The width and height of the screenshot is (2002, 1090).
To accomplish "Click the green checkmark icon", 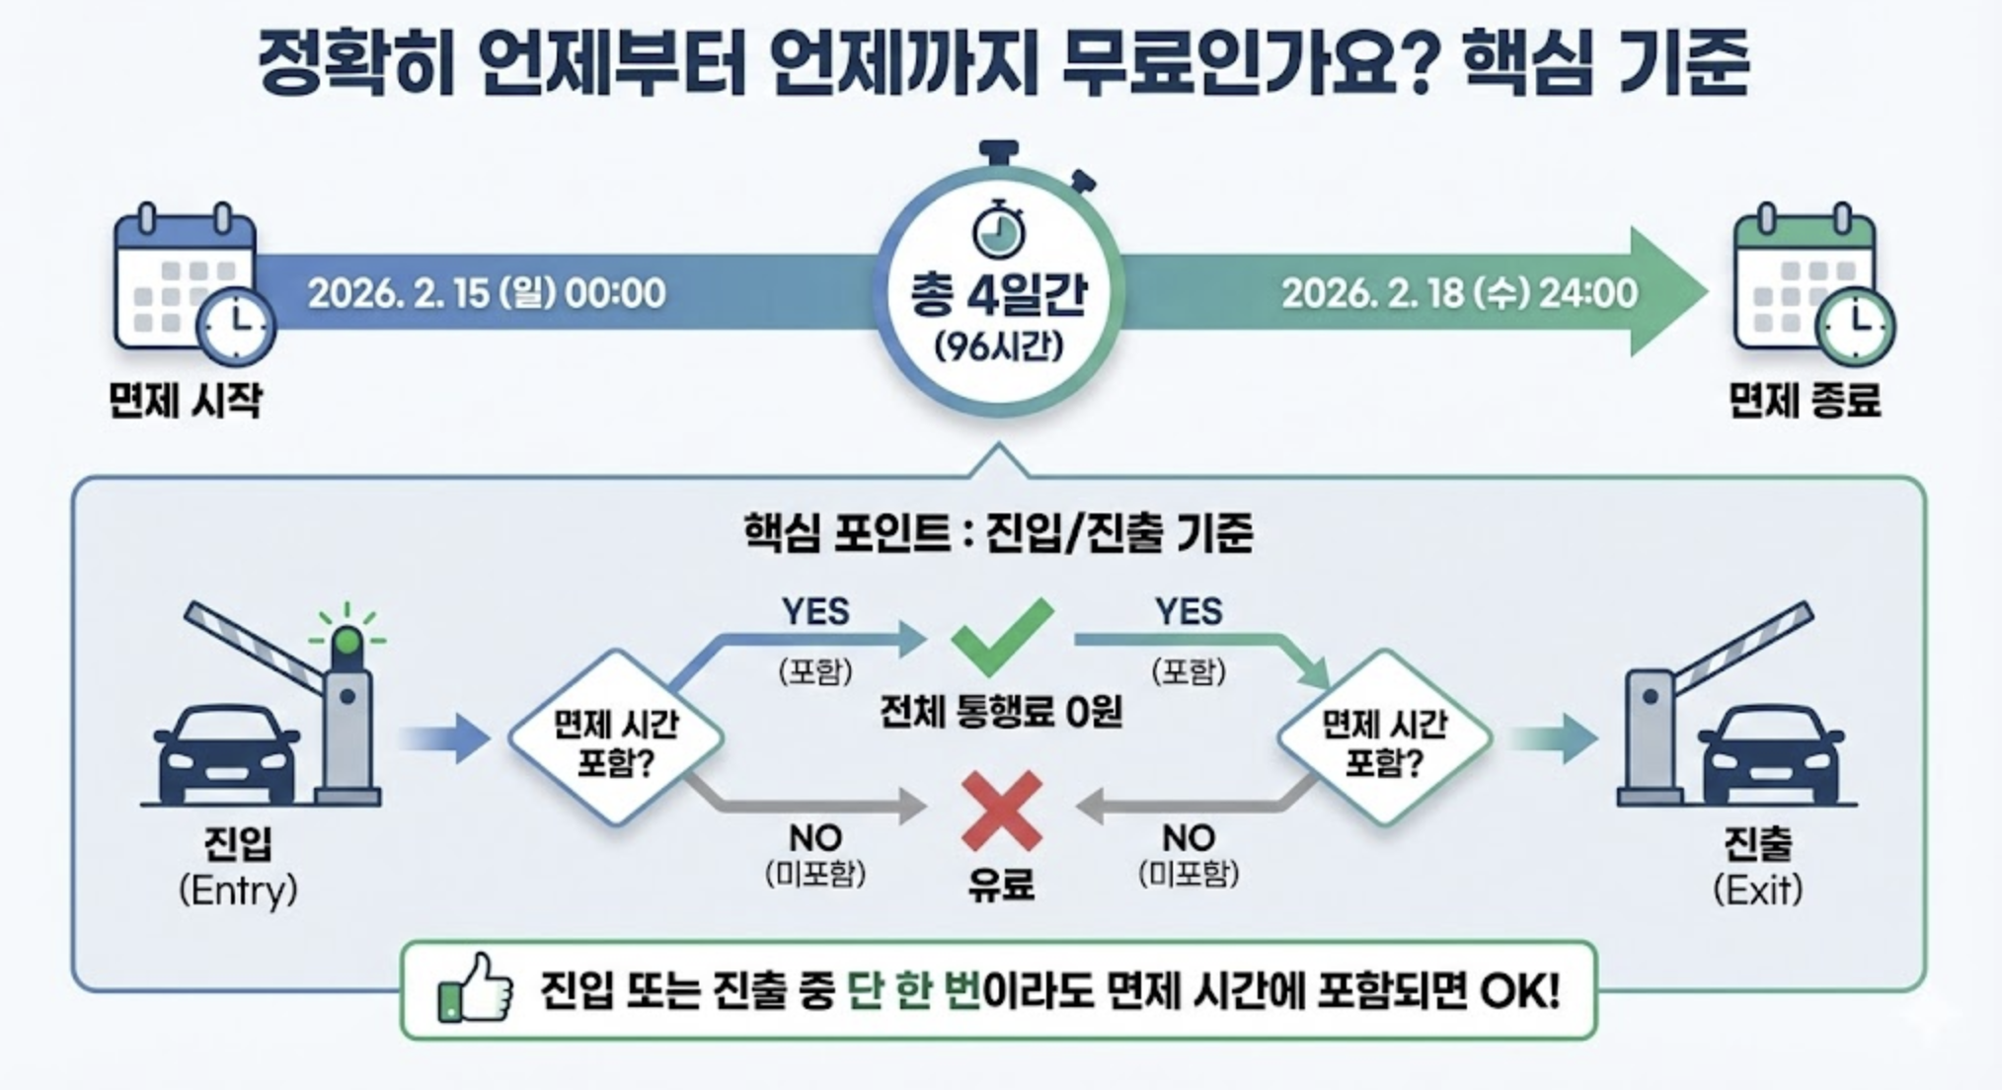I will click(1001, 637).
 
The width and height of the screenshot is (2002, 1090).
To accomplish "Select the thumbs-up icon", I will click(476, 988).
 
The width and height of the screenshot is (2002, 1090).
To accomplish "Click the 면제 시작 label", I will click(186, 401).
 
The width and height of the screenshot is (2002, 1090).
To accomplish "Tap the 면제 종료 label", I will click(1805, 401).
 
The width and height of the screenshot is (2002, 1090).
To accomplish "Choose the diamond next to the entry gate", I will click(616, 739).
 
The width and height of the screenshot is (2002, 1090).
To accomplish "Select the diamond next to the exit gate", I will click(1384, 739).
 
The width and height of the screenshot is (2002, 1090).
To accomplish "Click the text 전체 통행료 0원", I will click(1001, 712).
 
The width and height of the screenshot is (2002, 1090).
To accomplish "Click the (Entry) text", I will click(238, 891).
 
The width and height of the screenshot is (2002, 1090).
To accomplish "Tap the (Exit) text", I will click(1757, 891).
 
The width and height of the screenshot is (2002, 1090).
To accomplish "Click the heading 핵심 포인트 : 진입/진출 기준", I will click(998, 534).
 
